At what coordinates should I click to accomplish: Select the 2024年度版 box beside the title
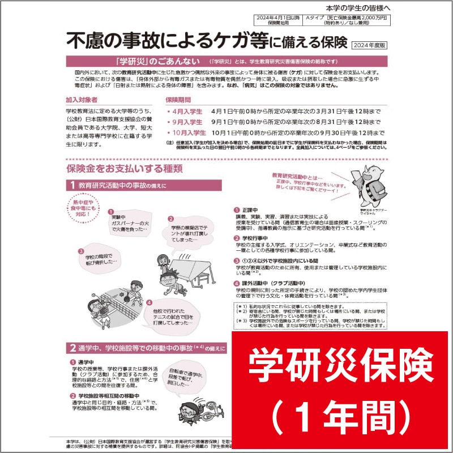point(369,44)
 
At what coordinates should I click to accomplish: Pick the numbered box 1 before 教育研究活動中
point(73,185)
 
